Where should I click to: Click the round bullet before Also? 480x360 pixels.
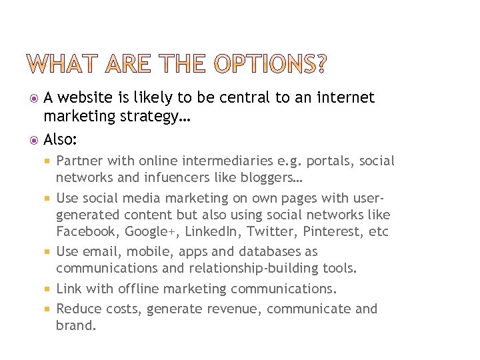click(x=35, y=140)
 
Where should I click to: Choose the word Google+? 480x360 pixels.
click(x=146, y=232)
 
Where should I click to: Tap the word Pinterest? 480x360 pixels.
click(x=325, y=232)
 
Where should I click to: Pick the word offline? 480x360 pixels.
click(x=139, y=289)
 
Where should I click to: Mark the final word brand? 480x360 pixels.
click(x=76, y=326)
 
